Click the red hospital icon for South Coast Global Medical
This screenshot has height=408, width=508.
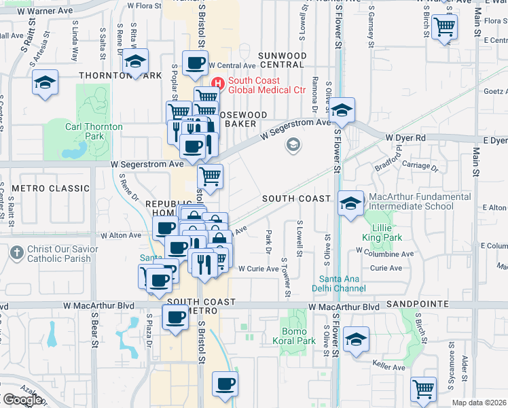(x=218, y=84)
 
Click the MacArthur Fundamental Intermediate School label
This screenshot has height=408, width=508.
(x=410, y=201)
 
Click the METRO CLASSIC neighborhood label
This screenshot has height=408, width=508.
(x=50, y=188)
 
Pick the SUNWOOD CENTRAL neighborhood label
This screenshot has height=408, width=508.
(x=283, y=60)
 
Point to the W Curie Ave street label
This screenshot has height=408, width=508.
(x=258, y=269)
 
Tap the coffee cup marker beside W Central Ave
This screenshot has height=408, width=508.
(x=196, y=63)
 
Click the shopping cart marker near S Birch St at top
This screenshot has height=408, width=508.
(x=444, y=27)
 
